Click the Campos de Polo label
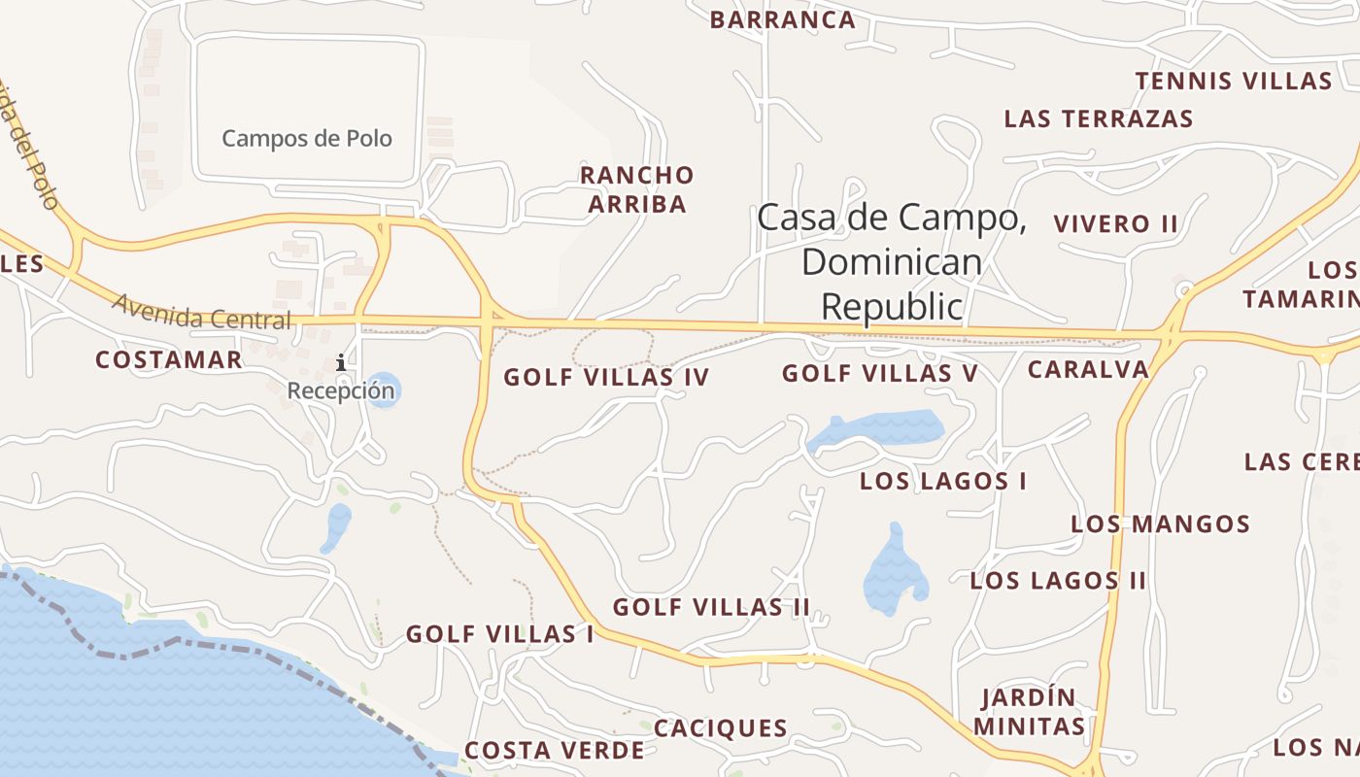click(307, 138)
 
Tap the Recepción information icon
click(341, 363)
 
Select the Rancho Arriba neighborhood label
click(636, 189)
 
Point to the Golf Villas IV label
click(606, 377)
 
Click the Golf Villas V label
click(879, 373)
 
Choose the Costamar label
click(169, 360)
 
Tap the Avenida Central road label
click(201, 311)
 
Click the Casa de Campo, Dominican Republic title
click(891, 260)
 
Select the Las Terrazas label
click(1098, 119)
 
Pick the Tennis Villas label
click(1233, 81)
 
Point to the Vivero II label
click(1115, 223)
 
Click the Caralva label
click(1088, 369)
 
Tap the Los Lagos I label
click(942, 481)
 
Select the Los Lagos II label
click(1058, 581)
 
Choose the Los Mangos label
click(1160, 524)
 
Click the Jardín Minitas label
click(1029, 712)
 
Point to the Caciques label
click(720, 728)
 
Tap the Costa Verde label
click(554, 750)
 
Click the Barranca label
click(782, 19)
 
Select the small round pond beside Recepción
click(384, 388)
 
